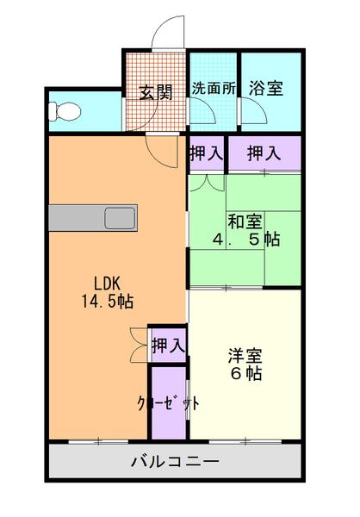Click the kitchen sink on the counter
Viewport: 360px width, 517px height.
coord(118,218)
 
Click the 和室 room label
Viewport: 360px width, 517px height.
coord(245,220)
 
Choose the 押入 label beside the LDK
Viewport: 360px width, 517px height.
coord(168,346)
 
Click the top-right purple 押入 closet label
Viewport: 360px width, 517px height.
coord(264,153)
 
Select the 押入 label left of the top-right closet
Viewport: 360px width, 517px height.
coord(207,153)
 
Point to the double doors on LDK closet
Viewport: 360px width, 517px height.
coord(138,345)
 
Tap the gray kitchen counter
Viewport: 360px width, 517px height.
coord(78,218)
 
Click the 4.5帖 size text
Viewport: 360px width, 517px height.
coord(245,240)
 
